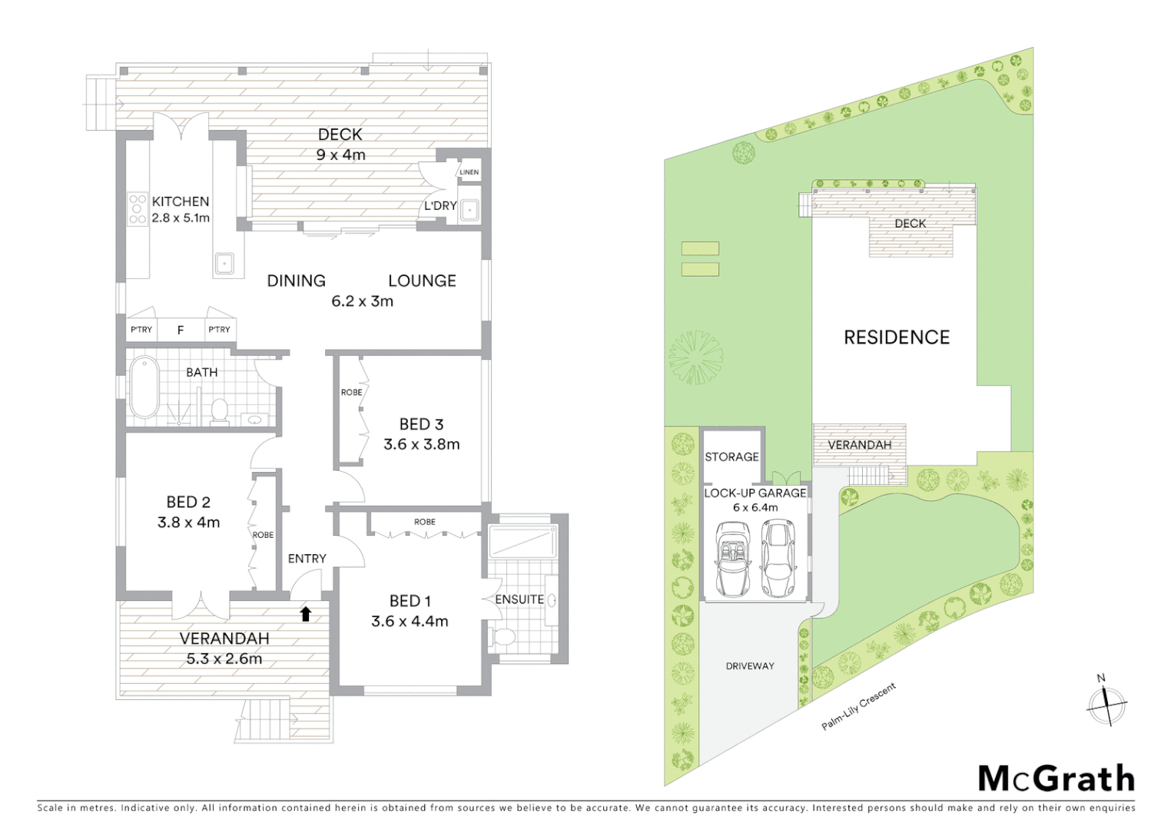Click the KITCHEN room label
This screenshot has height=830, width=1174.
click(x=181, y=201)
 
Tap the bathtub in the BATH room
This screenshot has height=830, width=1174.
click(x=144, y=387)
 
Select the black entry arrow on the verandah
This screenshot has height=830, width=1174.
click(x=306, y=613)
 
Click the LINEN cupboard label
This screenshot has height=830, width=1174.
click(x=469, y=172)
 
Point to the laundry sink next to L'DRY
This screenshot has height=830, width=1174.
click(x=469, y=211)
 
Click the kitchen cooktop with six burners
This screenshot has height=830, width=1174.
click(x=138, y=209)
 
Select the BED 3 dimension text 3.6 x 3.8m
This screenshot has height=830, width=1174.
click(x=421, y=444)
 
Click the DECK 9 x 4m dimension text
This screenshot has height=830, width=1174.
click(x=340, y=154)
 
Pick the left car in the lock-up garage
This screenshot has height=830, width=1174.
click(x=732, y=559)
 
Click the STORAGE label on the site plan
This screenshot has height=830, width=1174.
click(x=731, y=456)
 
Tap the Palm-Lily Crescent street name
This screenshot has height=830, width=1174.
click(x=858, y=706)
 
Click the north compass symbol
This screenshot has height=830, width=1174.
click(x=1106, y=703)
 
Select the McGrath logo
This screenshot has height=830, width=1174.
click(x=1056, y=778)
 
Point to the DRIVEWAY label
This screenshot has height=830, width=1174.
click(x=750, y=666)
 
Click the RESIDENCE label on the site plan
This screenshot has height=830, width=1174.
click(x=897, y=337)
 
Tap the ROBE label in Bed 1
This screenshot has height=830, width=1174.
click(x=424, y=522)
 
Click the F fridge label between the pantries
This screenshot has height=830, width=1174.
click(x=181, y=330)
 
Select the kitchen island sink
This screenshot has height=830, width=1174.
click(x=224, y=264)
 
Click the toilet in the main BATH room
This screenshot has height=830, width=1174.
click(x=219, y=411)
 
